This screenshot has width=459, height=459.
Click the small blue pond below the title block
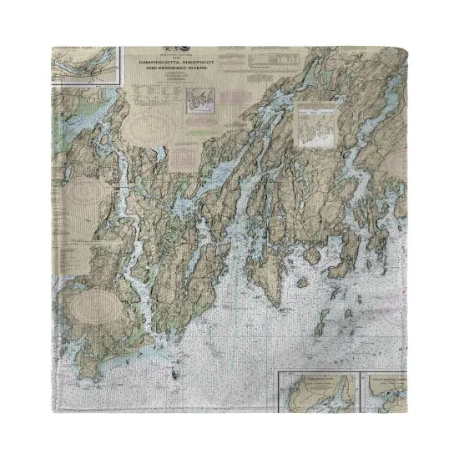[x=158, y=158]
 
